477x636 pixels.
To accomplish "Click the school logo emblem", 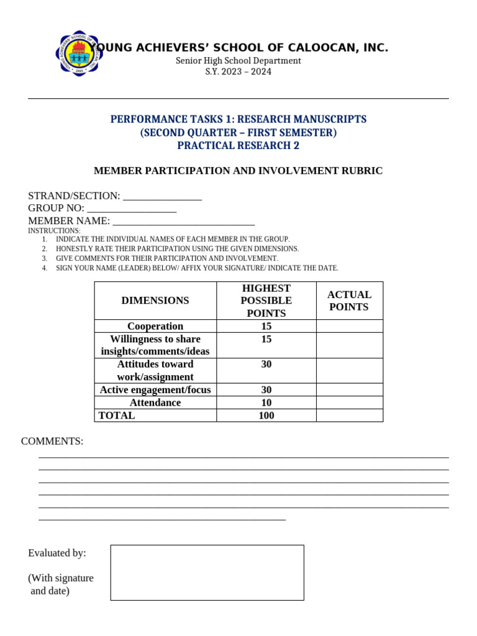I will tap(79, 53).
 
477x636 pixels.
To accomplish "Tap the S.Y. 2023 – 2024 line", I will tap(238, 71).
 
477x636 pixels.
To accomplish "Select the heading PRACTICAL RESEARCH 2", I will tap(238, 145).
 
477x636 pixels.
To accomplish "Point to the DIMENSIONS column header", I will tap(155, 301).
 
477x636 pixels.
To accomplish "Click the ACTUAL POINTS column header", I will tap(349, 301).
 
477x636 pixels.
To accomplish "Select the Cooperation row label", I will tap(155, 326).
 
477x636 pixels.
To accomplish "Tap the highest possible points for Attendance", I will tap(266, 402).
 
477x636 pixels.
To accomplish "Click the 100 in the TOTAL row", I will tap(266, 416).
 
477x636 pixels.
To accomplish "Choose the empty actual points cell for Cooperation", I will tap(349, 326).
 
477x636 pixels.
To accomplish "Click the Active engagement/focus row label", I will tap(155, 390).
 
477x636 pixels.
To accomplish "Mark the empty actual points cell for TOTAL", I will tap(349, 416).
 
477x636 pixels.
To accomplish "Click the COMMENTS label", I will tap(52, 441).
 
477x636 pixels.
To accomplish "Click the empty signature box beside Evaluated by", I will tap(207, 572).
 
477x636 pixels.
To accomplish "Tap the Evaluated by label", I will tap(57, 553).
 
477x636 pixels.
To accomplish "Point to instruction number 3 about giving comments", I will tap(166, 258).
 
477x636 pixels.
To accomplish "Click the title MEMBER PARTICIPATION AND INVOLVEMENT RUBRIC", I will tap(238, 171).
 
